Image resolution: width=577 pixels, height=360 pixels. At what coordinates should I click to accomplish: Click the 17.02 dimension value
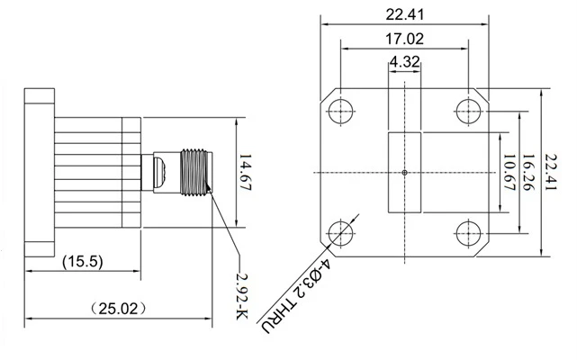click(404, 39)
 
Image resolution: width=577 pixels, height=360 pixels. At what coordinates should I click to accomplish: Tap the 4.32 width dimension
click(404, 61)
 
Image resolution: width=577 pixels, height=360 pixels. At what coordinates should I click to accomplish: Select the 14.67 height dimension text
click(245, 172)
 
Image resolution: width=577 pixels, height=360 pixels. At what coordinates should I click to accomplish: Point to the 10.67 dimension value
click(509, 172)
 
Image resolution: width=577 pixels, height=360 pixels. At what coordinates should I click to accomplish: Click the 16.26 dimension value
click(527, 172)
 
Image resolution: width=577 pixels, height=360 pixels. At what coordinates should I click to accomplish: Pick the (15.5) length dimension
click(83, 261)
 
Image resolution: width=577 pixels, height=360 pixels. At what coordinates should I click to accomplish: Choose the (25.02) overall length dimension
click(118, 309)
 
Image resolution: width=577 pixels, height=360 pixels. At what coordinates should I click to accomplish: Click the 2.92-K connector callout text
click(242, 297)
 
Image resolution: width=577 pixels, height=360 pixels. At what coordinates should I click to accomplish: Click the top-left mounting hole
click(341, 111)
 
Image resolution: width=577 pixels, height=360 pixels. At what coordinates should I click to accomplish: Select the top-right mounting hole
click(468, 111)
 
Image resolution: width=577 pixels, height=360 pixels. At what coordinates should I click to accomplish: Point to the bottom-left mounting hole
click(341, 233)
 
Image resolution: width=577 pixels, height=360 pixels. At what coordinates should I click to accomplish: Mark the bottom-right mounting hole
click(468, 233)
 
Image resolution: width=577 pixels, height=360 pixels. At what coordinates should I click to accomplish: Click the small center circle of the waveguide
click(404, 172)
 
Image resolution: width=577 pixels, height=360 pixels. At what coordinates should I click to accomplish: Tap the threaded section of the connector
click(194, 172)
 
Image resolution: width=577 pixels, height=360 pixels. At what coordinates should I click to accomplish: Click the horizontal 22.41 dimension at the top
click(404, 14)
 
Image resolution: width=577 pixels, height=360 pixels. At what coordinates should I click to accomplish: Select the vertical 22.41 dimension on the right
click(551, 172)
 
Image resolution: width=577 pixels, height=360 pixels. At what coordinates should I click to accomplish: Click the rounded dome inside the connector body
click(160, 172)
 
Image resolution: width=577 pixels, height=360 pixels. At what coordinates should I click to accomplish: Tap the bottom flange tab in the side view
click(40, 249)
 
